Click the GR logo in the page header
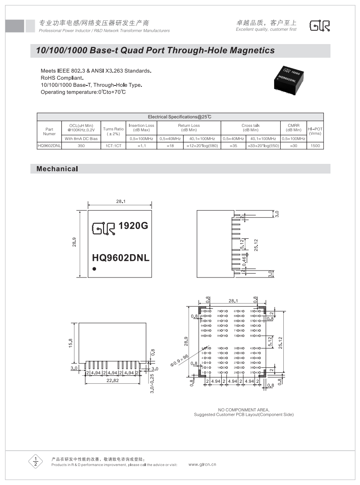pos(319,26)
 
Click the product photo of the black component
pos(291,78)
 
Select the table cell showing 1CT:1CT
pos(113,145)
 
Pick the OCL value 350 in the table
pos(81,145)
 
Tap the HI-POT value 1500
pos(315,145)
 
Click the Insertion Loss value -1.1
pos(142,145)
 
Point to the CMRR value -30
pos(293,145)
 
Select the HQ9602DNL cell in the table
pos(49,145)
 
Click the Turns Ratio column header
pos(113,131)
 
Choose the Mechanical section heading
pos(57,169)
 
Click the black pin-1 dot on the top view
pos(94,269)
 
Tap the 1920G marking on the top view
pos(133,226)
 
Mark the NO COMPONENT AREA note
pos(243,410)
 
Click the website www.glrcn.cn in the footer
pos(202,464)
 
